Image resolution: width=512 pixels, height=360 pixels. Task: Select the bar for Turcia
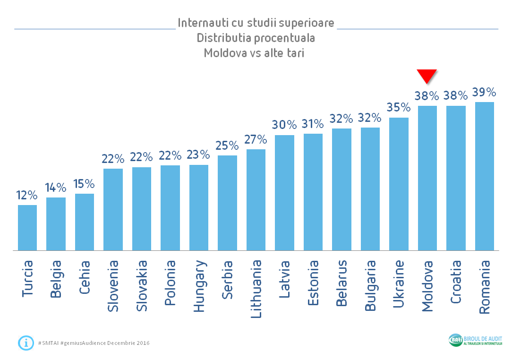tap(27, 227)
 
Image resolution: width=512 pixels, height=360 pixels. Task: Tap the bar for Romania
tap(484, 176)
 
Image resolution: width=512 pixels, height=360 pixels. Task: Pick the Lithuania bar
tap(256, 199)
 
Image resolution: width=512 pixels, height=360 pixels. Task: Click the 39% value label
tap(484, 92)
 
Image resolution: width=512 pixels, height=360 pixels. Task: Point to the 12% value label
tap(27, 195)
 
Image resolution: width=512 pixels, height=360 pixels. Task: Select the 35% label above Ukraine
tap(399, 108)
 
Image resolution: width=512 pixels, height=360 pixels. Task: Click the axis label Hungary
tap(199, 286)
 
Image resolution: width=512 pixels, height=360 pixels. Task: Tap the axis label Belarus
tap(342, 283)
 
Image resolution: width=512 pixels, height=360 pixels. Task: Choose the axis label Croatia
tap(456, 283)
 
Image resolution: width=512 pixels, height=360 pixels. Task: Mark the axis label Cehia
tap(85, 278)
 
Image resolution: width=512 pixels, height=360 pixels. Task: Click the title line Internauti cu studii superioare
tap(256, 23)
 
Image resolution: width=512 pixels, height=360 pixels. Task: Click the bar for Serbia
tap(227, 203)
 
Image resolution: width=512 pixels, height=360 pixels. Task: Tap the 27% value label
tap(256, 139)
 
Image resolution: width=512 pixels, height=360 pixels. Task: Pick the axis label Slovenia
tap(113, 286)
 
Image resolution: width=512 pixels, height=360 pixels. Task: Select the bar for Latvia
tap(284, 192)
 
